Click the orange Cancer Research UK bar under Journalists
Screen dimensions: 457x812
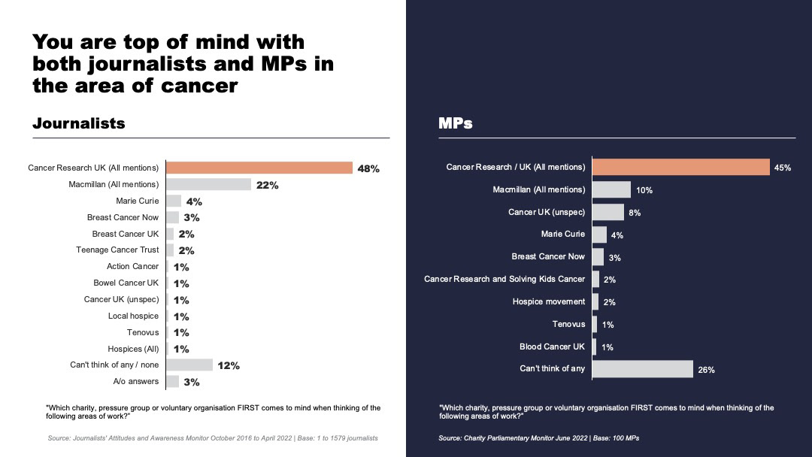[259, 168]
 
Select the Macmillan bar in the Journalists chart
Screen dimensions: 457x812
[208, 184]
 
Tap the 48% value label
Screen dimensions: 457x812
[368, 168]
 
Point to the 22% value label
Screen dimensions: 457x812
[268, 185]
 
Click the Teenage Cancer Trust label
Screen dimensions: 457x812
[117, 250]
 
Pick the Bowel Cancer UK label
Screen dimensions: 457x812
[126, 283]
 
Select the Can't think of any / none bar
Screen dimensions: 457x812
[189, 365]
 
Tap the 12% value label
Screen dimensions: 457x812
[229, 366]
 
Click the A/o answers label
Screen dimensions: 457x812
[136, 381]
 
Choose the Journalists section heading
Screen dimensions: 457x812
[79, 123]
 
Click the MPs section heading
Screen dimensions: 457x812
[456, 123]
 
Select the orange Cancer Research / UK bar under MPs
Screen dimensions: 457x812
[680, 167]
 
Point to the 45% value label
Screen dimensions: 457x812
[783, 168]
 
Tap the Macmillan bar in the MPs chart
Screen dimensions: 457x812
[611, 189]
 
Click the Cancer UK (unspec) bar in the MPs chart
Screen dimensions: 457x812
[608, 212]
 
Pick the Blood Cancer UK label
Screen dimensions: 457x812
[552, 347]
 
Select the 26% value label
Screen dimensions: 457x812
[706, 370]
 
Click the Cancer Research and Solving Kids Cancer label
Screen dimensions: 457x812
[504, 279]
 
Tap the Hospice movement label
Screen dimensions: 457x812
[549, 301]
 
